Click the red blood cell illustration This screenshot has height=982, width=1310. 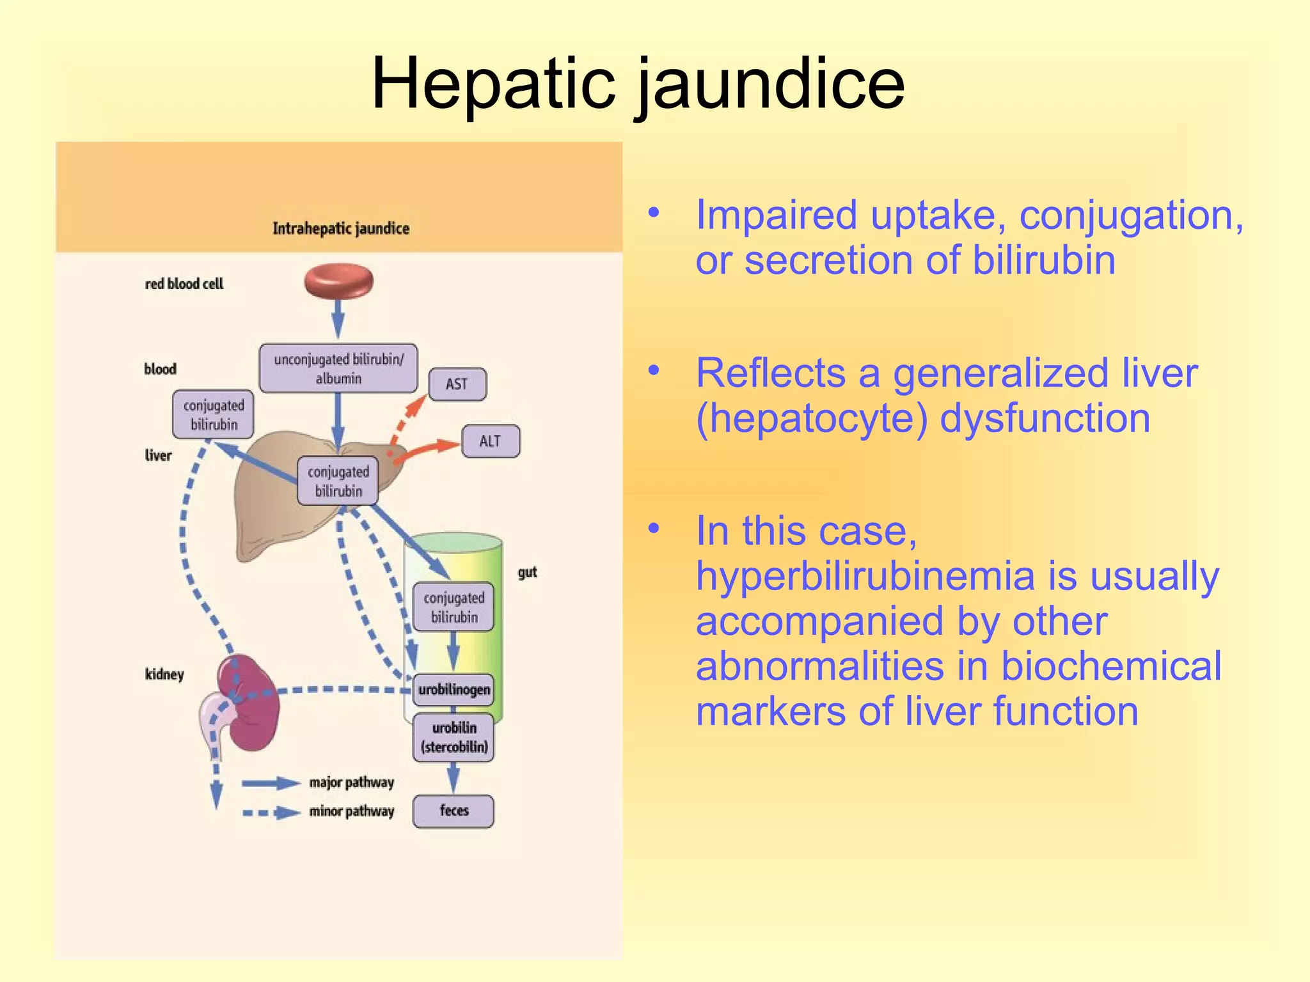338,282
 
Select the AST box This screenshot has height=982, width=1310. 457,384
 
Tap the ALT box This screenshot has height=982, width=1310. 490,441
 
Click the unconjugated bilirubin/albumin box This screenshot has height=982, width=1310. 338,368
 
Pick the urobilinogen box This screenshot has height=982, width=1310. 454,690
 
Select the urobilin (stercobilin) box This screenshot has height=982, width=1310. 454,737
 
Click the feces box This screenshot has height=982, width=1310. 454,811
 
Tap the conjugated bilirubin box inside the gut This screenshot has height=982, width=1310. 454,607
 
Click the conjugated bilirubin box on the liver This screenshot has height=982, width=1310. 338,481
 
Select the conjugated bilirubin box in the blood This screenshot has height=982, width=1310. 214,414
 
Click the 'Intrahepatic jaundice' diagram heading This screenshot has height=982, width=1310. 340,228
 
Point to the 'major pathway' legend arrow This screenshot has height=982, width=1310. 271,783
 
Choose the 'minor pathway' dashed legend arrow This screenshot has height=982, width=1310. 271,813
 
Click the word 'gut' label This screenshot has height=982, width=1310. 527,572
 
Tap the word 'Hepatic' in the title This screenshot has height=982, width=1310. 493,84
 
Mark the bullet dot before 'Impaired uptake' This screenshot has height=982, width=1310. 653,212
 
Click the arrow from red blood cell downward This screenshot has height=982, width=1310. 338,318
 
